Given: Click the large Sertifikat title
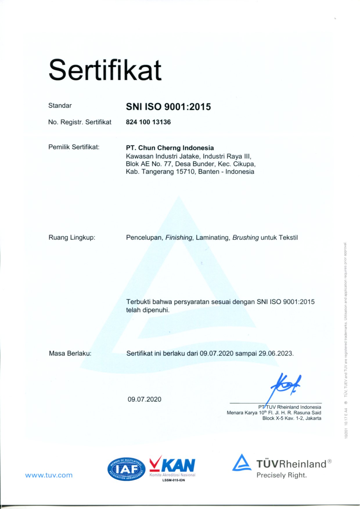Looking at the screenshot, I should coord(105,70).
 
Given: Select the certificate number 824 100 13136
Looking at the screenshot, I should coord(148,122).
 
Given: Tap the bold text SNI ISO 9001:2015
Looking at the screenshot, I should coord(168,107).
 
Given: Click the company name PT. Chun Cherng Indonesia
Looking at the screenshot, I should coord(170,148).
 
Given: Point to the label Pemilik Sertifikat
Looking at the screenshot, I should coord(74,147).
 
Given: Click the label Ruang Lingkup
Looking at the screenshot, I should coord(72,238).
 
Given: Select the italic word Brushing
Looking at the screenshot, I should coord(245,238).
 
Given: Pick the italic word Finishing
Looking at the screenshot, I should coord(179,238).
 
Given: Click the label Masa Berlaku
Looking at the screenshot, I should coord(70,353).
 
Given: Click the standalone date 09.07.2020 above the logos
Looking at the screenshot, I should coord(144,399).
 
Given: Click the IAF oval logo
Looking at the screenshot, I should coord(126,469).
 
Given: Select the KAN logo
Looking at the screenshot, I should coord(172,466).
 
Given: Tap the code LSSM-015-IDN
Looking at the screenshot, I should coord(173,480).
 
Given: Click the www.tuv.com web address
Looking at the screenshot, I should coord(49,475).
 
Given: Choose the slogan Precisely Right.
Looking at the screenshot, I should coord(281,475).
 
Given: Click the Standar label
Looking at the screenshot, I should coord(60,106).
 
